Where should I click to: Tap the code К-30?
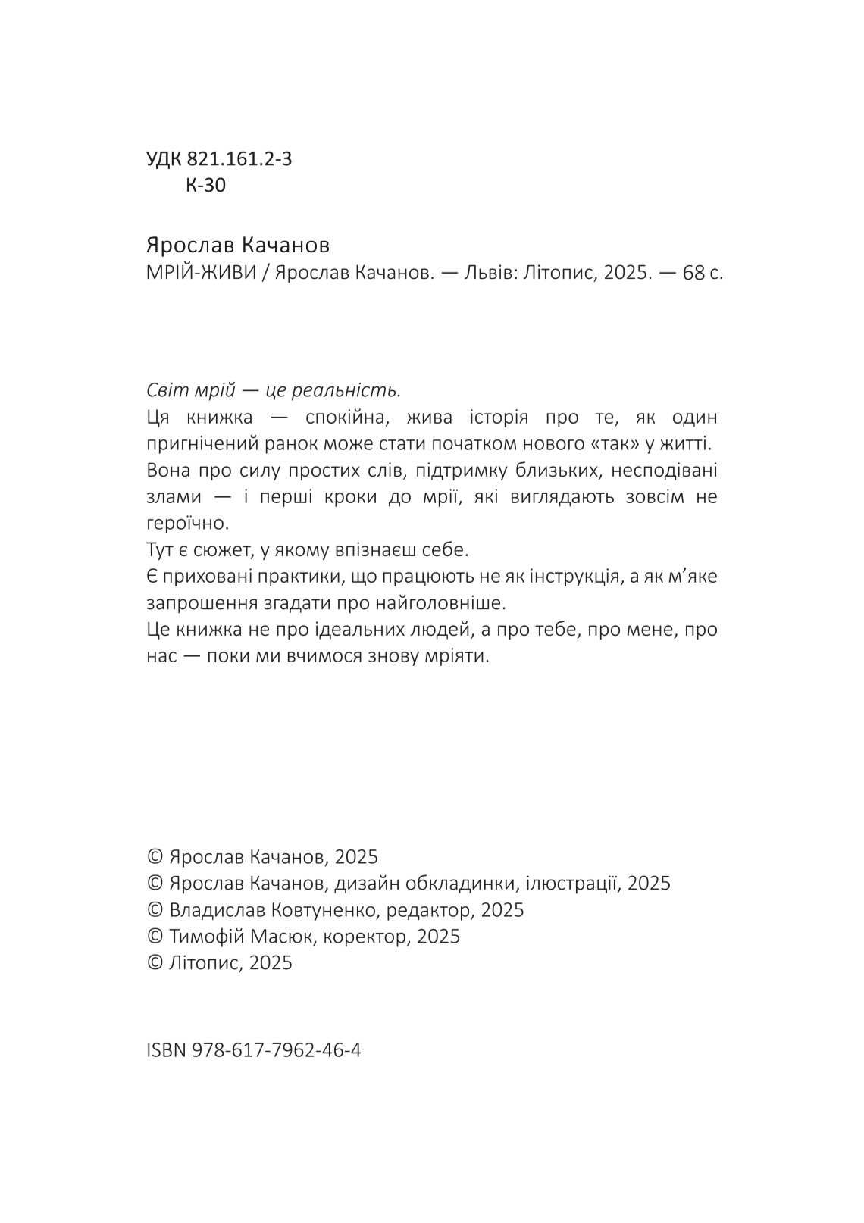click(x=205, y=185)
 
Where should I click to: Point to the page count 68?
click(x=693, y=273)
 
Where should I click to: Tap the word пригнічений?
click(x=196, y=443)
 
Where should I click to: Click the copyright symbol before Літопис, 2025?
click(x=155, y=962)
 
